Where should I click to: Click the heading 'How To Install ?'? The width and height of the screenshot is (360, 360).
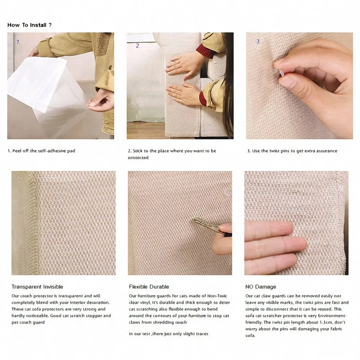point(29,25)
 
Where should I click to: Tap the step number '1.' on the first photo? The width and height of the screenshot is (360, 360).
point(18,42)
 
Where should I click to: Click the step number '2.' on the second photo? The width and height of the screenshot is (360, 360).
point(138,46)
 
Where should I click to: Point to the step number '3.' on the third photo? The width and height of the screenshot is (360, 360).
point(258,41)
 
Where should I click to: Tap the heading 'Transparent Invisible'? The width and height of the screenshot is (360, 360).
point(37,287)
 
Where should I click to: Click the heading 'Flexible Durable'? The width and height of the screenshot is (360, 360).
point(149,287)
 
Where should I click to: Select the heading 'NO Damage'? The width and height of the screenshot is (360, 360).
point(261,287)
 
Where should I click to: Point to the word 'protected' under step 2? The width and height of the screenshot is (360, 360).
point(138,158)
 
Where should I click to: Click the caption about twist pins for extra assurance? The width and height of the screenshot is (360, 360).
point(292,151)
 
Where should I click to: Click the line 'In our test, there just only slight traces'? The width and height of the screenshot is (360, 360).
point(168,334)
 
